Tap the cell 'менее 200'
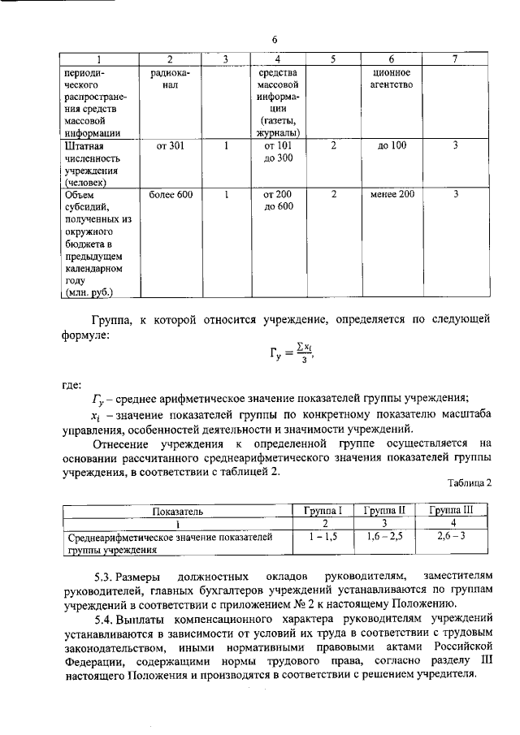391,195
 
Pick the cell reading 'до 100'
392,146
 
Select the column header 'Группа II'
384,511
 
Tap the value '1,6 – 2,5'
384,537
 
